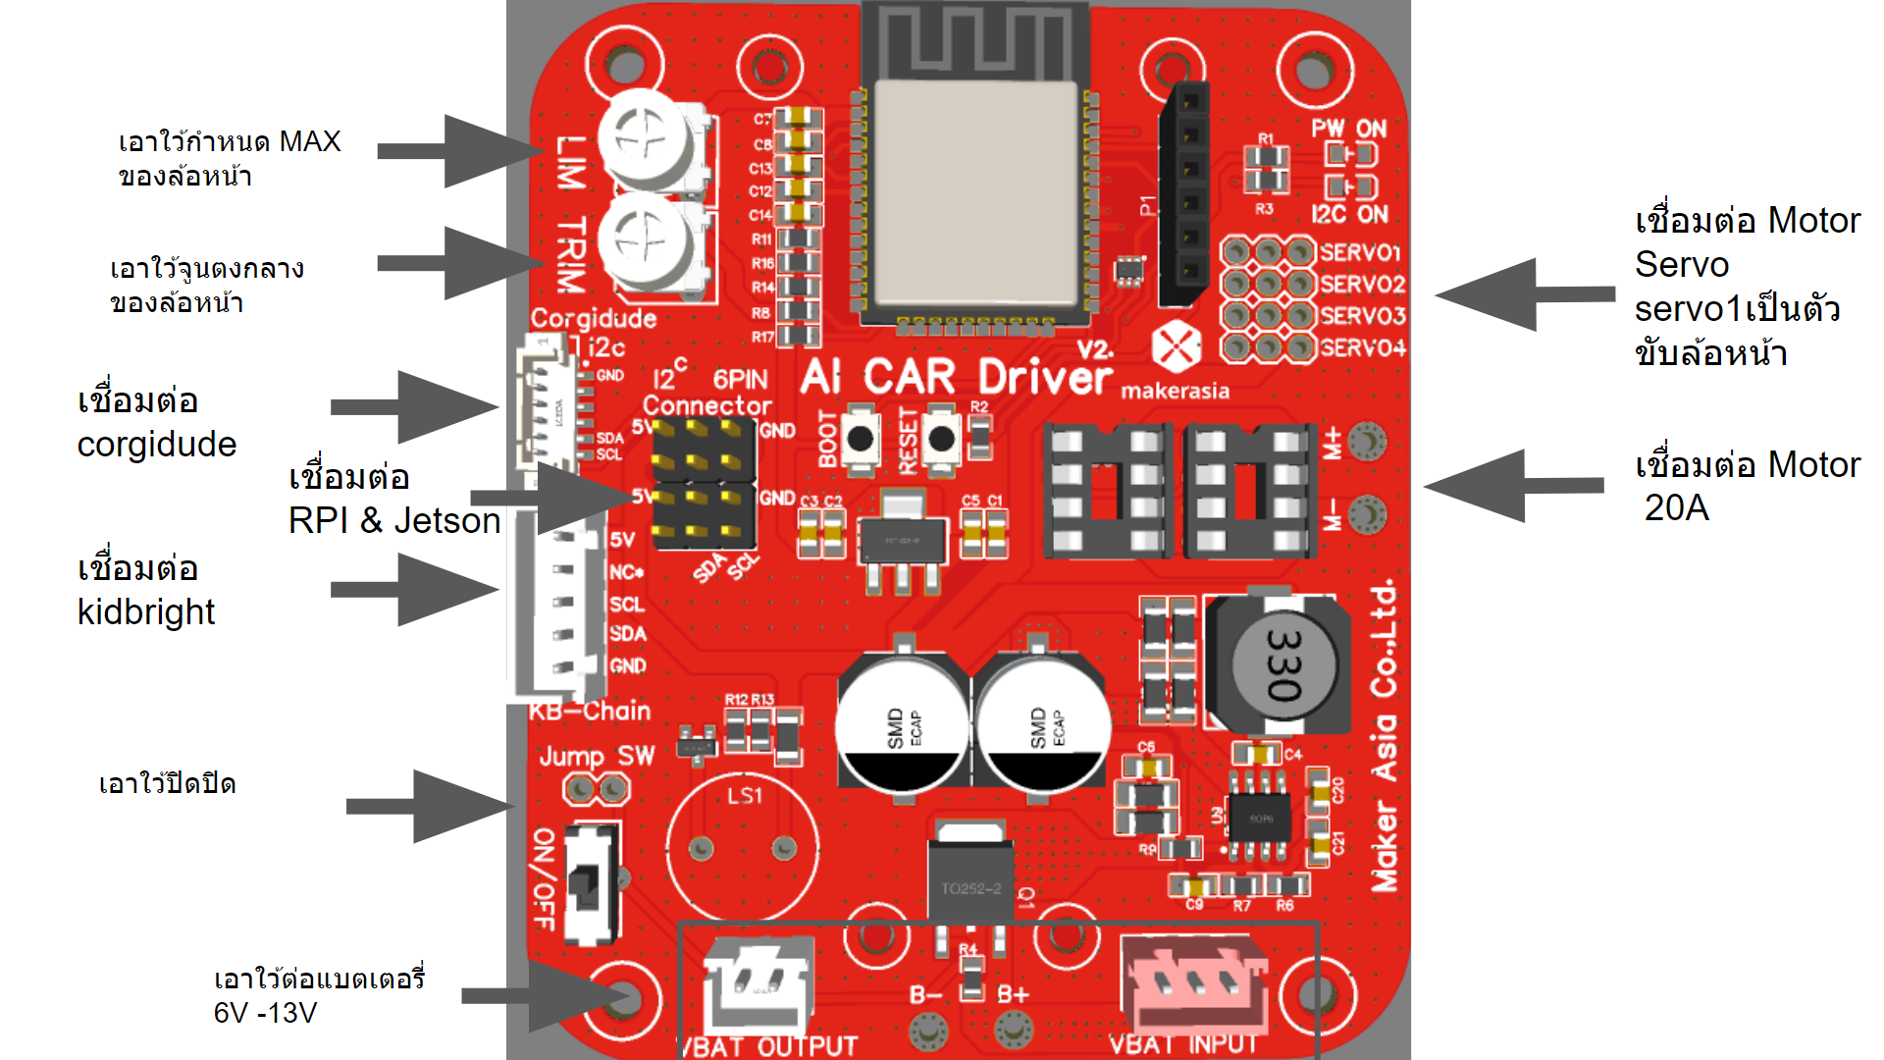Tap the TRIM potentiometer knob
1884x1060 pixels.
tap(643, 240)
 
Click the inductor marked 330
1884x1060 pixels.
tap(1281, 665)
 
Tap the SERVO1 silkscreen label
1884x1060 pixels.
tap(1360, 252)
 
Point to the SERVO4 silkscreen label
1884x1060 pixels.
tap(1362, 347)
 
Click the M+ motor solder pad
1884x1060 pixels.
tap(1367, 442)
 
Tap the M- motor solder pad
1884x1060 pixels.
tap(1367, 513)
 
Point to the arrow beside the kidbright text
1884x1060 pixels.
tap(416, 589)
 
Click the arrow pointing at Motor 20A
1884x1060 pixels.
tap(1513, 485)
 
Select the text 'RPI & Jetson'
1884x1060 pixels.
tap(394, 520)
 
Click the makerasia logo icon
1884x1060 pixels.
tap(1176, 345)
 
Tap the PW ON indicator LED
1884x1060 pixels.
tap(1351, 155)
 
